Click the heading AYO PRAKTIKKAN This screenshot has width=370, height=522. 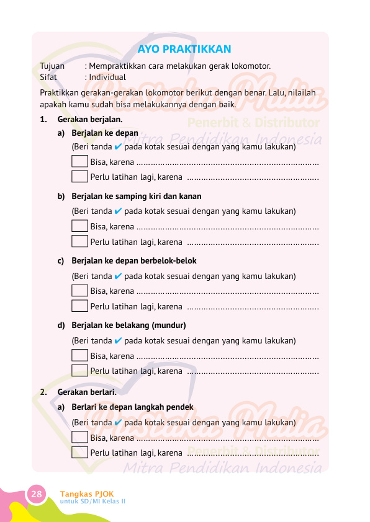(184, 50)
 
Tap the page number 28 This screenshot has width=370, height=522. (37, 494)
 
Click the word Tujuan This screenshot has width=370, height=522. (52, 66)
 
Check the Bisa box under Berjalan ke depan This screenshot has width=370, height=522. (79, 162)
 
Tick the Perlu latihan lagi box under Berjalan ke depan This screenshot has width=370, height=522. (79, 176)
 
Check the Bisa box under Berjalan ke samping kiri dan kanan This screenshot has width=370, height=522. (79, 226)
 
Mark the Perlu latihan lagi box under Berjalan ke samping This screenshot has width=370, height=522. (79, 241)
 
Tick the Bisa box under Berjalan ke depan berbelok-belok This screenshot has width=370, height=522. (79, 290)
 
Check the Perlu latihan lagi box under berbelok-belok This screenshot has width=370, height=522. (79, 305)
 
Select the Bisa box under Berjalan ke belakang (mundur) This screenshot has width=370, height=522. (79, 355)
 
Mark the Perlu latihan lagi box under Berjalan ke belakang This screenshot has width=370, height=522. (79, 371)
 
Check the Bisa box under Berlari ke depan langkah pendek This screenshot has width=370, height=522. (79, 437)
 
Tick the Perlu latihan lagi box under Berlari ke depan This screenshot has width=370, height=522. (79, 452)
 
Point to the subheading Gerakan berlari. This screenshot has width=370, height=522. (86, 392)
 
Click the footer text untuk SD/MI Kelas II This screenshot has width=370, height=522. (92, 501)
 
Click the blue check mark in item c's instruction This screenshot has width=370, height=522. (118, 276)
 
